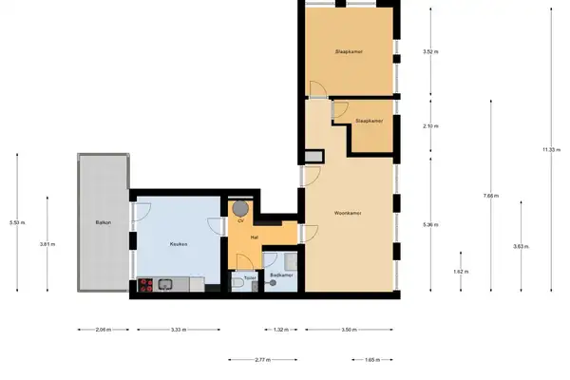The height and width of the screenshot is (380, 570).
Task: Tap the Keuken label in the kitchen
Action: click(178, 244)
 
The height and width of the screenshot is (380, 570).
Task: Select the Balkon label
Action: click(103, 222)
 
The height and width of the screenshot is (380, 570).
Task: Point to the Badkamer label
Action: click(281, 275)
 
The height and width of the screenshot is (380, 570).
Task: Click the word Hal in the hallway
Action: click(255, 237)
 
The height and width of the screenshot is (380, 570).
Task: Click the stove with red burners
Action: click(147, 282)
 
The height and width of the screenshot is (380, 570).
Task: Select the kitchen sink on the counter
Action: click(166, 282)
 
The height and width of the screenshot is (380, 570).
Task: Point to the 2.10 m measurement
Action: click(428, 125)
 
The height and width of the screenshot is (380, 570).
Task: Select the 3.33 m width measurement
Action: click(177, 330)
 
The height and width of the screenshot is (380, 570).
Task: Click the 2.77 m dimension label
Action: click(263, 360)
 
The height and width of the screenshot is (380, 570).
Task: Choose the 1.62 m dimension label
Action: click(461, 272)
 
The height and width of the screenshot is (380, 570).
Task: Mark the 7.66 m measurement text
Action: click(490, 196)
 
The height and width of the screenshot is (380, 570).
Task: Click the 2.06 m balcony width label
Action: click(103, 330)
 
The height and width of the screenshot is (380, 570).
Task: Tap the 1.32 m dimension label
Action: click(280, 330)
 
